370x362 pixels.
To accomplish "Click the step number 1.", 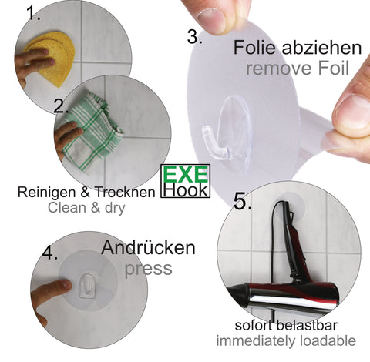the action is [33, 13].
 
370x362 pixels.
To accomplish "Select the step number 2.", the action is [61, 106].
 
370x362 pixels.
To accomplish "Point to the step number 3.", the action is [194, 37].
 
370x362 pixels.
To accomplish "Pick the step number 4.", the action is [49, 253].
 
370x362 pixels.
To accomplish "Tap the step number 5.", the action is [242, 202].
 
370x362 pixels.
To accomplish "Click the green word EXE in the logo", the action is [185, 174].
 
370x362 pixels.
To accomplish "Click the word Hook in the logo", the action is [186, 189].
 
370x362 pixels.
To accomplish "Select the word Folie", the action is [254, 48].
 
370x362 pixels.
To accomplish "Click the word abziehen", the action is [322, 48].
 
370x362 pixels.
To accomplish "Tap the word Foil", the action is [334, 69].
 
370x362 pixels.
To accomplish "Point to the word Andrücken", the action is [148, 248].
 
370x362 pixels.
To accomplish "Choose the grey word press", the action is [148, 269].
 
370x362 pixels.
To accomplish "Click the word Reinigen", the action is [47, 193].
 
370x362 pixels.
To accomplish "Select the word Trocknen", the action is [126, 192].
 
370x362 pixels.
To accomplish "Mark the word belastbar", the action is [307, 325].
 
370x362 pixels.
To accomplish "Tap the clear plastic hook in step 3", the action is [226, 129].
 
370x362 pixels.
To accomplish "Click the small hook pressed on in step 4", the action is [87, 286].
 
